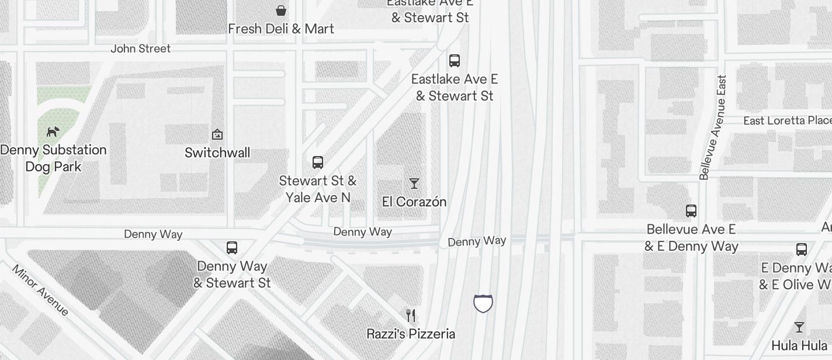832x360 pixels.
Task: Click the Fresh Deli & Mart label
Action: tap(281, 29)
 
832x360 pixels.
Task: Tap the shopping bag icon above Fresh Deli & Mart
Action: tap(281, 10)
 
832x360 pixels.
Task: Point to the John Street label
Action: tap(141, 49)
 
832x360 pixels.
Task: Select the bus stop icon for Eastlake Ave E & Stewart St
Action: tap(454, 60)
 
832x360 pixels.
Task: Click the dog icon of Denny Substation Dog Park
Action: tap(53, 131)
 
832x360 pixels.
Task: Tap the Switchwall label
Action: tap(217, 153)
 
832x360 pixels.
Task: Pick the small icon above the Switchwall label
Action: tap(217, 134)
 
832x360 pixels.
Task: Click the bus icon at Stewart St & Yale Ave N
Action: tap(318, 162)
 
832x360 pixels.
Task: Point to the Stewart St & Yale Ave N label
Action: tap(318, 189)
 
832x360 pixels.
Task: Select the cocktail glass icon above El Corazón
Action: tap(414, 184)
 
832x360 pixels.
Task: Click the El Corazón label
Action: tap(414, 202)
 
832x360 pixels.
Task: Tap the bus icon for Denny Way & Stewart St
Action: tap(232, 247)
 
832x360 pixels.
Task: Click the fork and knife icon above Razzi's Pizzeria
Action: tap(411, 316)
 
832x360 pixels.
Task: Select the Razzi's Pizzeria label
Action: tap(411, 334)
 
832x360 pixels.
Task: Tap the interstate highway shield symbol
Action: tap(483, 303)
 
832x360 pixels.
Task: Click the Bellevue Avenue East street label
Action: tap(713, 127)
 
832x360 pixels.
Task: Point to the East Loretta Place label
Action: tap(787, 120)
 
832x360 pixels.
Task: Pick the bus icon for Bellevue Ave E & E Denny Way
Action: tap(691, 210)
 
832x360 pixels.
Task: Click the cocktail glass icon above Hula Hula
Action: tap(799, 327)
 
